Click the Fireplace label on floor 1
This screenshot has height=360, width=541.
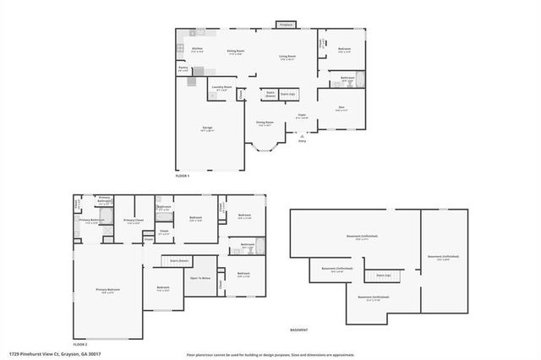pos(286,25)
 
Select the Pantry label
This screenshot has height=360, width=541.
pos(183,68)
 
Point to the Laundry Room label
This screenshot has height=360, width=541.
pos(222,88)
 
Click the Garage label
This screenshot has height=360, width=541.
pos(207,128)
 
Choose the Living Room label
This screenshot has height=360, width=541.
pos(287,57)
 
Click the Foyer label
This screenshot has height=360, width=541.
pos(301,116)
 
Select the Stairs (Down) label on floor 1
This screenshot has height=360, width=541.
pos(270,95)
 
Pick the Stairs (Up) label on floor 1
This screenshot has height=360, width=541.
pos(287,94)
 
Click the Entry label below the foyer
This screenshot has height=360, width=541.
pos(302,140)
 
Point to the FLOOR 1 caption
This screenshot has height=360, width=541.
pos(183,176)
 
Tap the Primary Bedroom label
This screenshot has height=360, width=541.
pos(107,290)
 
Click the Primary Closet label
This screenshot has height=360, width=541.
pos(134,221)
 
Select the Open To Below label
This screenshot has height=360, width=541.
pos(200,278)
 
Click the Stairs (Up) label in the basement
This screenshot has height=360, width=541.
pos(382,275)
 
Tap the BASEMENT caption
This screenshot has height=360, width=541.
pos(299,330)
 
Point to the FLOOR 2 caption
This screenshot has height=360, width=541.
pos(80,345)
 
